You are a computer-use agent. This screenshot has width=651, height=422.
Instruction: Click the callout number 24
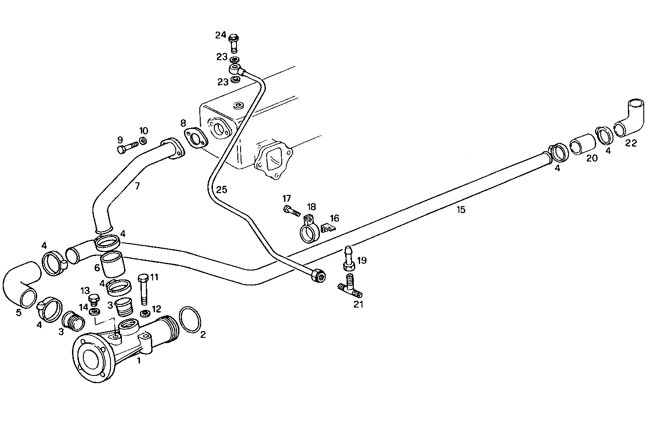(220, 35)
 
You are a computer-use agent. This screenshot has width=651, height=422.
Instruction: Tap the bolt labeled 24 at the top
(234, 43)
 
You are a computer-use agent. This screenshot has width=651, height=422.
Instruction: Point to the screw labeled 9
(127, 147)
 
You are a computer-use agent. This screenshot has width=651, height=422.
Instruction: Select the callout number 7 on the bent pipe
(137, 185)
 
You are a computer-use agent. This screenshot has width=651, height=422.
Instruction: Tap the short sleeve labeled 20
(581, 144)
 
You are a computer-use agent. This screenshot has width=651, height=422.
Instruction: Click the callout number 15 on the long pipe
(461, 209)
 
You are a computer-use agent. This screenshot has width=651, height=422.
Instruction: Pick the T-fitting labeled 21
(350, 286)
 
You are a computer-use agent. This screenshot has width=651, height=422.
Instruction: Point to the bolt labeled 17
(291, 210)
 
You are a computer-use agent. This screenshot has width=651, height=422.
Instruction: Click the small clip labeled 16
(328, 228)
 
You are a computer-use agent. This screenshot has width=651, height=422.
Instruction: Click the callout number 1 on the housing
(139, 360)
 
